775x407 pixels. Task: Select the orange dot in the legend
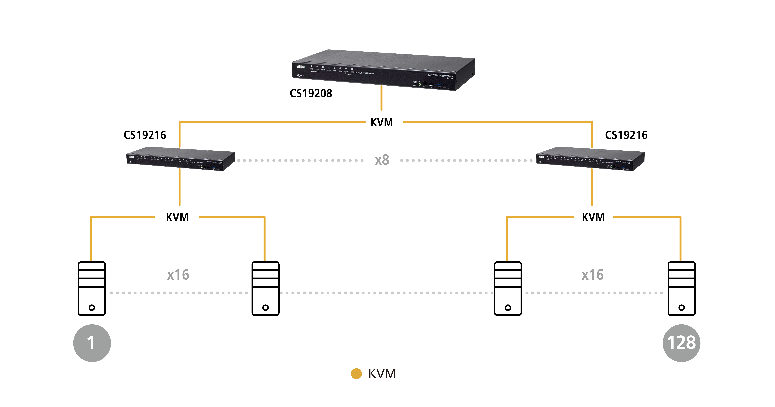pyautogui.click(x=356, y=374)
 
